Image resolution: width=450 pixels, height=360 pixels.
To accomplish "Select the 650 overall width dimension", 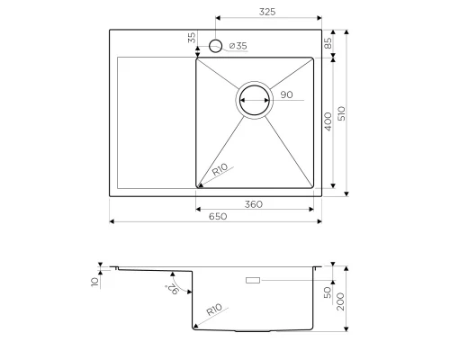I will click(x=216, y=215).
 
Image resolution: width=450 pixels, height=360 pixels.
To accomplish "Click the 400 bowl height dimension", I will click(x=328, y=121).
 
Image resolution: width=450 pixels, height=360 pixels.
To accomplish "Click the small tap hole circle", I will click(x=216, y=46).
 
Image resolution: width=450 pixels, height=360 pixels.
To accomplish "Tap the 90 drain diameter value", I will click(x=286, y=94).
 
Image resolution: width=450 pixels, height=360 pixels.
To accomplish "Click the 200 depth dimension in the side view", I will click(x=342, y=299).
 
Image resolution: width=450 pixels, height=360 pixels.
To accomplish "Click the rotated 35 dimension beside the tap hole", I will click(x=191, y=38).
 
